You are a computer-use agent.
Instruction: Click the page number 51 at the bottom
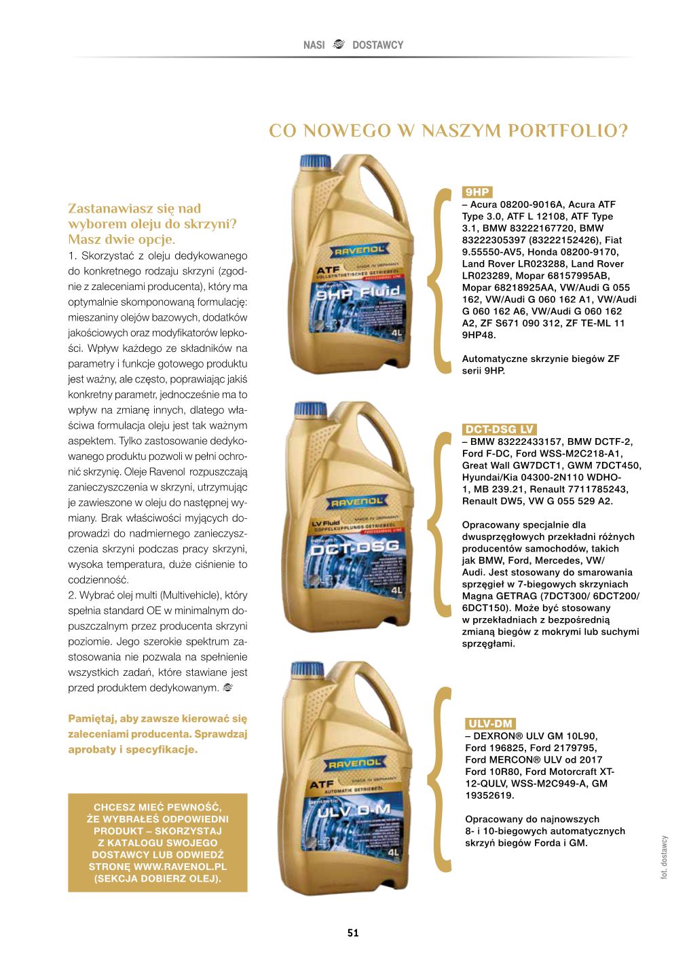352,933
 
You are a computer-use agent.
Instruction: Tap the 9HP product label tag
477,192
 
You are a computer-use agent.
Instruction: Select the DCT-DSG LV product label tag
500,429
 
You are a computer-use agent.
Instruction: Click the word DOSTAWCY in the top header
377,46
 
